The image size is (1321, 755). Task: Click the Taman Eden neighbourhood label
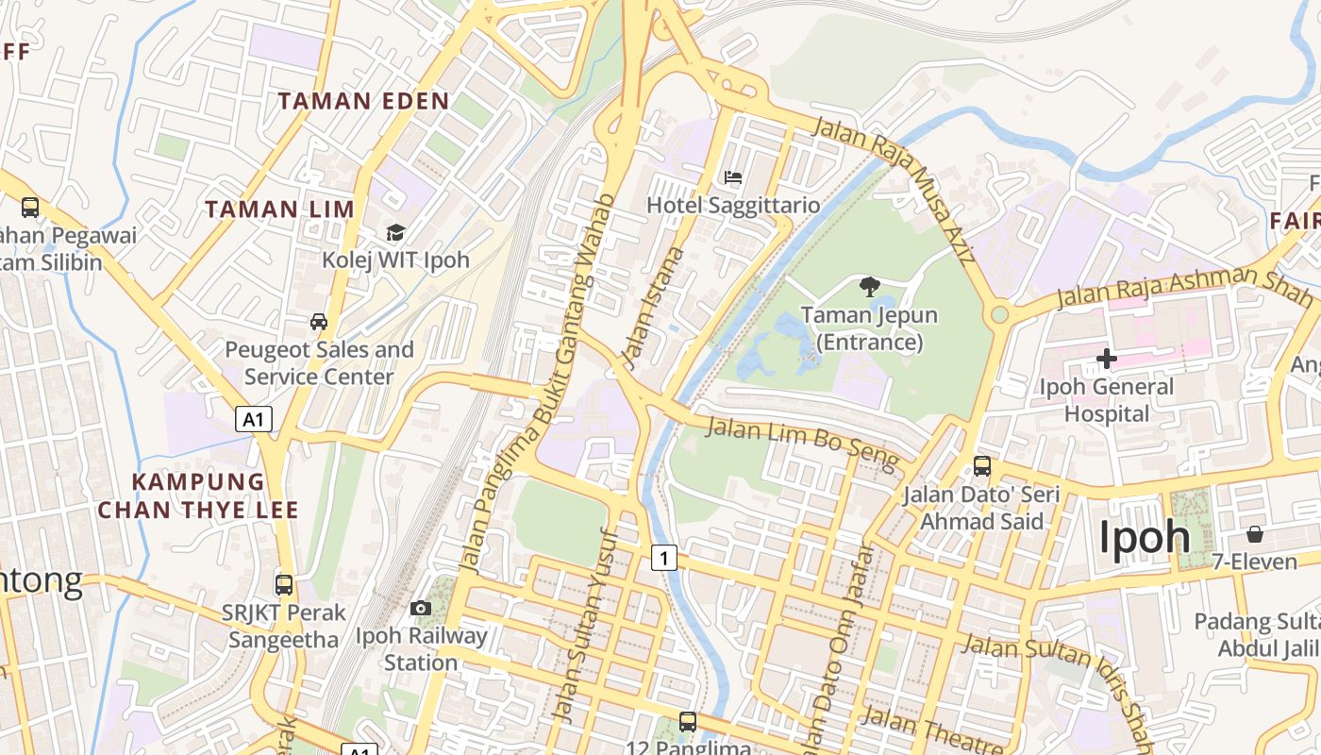click(x=363, y=101)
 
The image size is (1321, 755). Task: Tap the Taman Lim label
click(x=279, y=209)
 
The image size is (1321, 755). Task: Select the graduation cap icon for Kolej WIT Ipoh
click(x=395, y=232)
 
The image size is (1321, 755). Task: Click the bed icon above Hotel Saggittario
click(x=732, y=177)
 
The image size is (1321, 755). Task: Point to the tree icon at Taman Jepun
click(x=869, y=287)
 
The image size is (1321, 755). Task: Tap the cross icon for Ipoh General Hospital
click(x=1107, y=359)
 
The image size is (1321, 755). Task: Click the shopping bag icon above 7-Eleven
click(x=1254, y=534)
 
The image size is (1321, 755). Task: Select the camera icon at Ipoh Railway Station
click(x=421, y=608)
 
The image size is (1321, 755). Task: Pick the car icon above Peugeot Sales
click(x=319, y=322)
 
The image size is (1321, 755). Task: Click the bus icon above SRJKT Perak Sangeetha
click(x=284, y=584)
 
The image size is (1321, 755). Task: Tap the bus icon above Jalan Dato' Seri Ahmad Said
click(x=981, y=466)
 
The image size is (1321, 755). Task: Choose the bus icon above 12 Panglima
click(x=688, y=722)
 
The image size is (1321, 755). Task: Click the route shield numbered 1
click(x=664, y=559)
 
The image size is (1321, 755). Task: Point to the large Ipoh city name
click(x=1145, y=536)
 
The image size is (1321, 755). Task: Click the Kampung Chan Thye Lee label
click(x=198, y=496)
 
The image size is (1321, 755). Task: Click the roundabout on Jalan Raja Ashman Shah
click(x=999, y=313)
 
